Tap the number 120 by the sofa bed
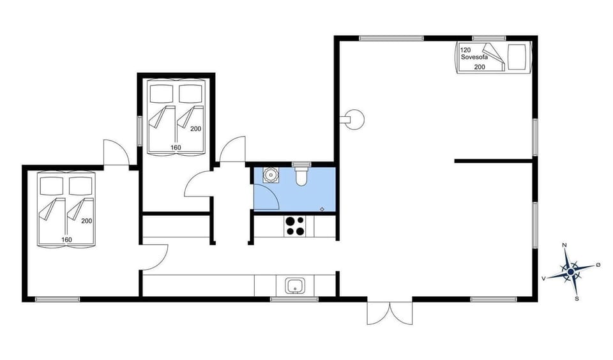466,50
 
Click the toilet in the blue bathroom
301,174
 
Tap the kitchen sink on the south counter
295,285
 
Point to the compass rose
571,270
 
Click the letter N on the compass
564,245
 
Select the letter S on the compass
577,298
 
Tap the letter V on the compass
543,278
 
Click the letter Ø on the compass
598,264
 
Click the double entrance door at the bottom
390,312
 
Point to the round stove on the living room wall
353,119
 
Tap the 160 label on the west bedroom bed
66,240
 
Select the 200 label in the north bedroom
195,128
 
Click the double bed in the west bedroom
66,207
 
